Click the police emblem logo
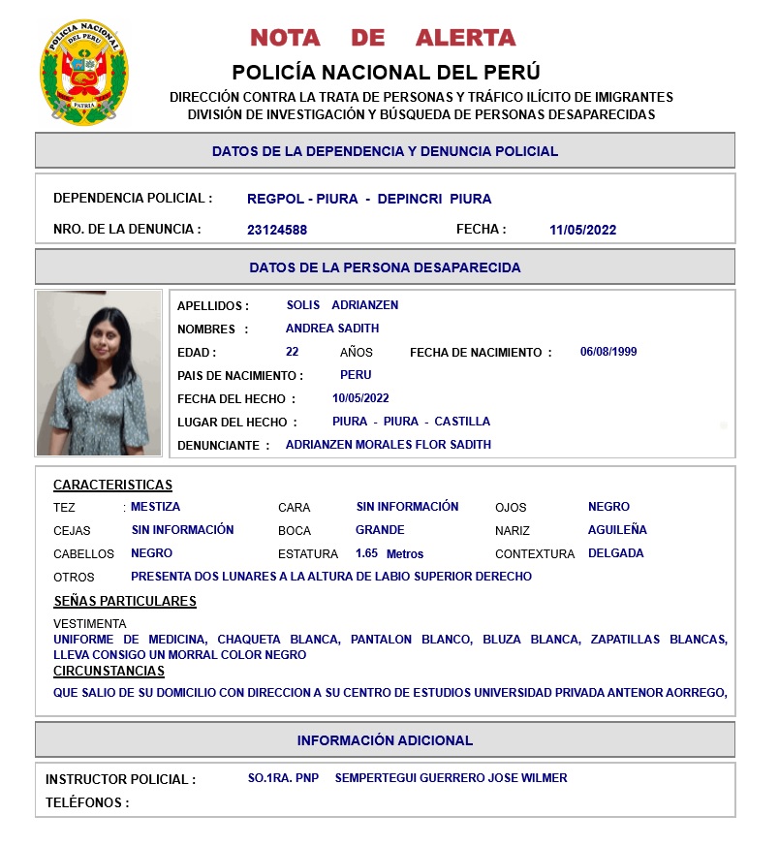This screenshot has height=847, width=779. coord(84,73)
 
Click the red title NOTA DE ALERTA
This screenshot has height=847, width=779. coord(383,38)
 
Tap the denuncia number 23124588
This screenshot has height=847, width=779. coord(277,231)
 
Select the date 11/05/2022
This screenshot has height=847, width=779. coord(582,231)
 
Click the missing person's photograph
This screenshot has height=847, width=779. coord(99,373)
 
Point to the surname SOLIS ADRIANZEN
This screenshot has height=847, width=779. coord(342,305)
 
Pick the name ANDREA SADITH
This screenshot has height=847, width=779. coord(332,329)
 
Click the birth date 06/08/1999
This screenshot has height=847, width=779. coord(608,352)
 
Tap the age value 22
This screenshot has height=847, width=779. coord(292,352)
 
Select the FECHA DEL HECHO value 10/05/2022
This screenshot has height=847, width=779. coord(360,398)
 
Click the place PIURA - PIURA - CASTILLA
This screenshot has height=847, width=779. coord(411,422)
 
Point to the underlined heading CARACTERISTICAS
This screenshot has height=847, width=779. coord(112,486)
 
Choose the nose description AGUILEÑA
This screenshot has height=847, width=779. coord(617,530)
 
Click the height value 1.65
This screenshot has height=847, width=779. coord(366,553)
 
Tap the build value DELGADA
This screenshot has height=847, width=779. coord(615,553)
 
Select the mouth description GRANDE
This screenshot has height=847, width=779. coord(380,530)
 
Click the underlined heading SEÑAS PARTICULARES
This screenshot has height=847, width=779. coord(125,601)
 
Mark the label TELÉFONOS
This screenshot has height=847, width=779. coord(87,802)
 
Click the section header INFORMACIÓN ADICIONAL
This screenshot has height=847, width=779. coord(385,740)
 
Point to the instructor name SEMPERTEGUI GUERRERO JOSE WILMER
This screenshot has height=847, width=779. coord(451,778)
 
